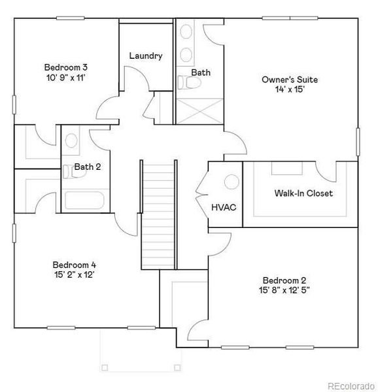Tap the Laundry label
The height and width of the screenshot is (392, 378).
[145, 56]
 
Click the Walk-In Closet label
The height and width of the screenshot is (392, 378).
[303, 193]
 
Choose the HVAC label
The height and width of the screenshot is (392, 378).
[223, 207]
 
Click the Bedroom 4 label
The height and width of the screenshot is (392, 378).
[75, 265]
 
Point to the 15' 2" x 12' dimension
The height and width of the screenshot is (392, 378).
[75, 275]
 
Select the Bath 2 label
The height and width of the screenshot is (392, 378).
[87, 167]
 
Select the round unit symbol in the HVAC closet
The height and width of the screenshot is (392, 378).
[230, 182]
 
